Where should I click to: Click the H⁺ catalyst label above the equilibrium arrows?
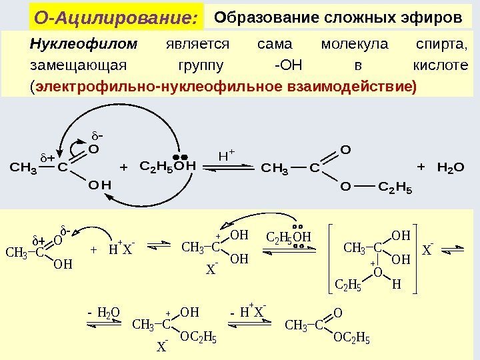[228, 156]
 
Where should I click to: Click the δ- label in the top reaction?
[97, 138]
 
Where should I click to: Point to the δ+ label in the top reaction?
[48, 159]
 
